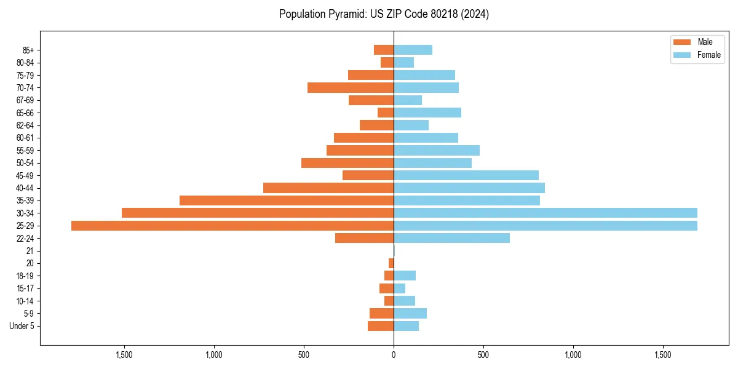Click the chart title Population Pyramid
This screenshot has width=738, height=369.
(x=384, y=14)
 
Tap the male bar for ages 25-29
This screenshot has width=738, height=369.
(x=232, y=226)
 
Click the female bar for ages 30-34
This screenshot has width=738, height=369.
(x=546, y=213)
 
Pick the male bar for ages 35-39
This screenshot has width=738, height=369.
(x=287, y=200)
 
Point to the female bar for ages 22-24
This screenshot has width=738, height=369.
(x=451, y=238)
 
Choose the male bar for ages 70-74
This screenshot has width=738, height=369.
(x=351, y=87)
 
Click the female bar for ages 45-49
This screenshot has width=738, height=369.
(x=466, y=175)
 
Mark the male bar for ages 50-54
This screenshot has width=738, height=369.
(x=347, y=163)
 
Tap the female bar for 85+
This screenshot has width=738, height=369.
(x=413, y=50)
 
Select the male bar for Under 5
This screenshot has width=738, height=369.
(x=381, y=326)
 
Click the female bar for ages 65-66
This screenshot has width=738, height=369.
(x=427, y=113)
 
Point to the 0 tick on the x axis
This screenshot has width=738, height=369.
(x=394, y=355)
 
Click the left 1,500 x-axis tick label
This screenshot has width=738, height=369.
(x=124, y=355)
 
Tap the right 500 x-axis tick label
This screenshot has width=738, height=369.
(x=483, y=355)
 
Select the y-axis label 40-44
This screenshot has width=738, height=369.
(x=25, y=188)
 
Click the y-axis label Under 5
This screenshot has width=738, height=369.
(x=22, y=326)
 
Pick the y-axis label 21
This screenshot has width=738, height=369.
(x=30, y=251)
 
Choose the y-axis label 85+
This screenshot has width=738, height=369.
(x=28, y=50)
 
